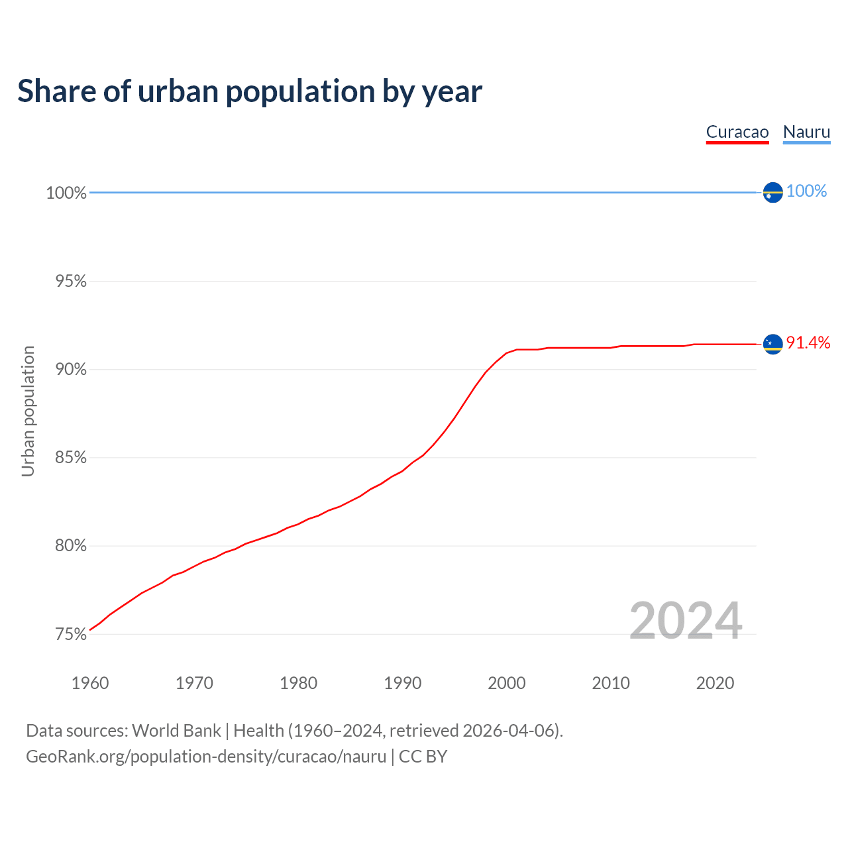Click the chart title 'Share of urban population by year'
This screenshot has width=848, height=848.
pyautogui.click(x=250, y=91)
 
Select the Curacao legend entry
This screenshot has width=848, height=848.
pyautogui.click(x=737, y=132)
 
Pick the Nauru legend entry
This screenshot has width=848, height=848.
pyautogui.click(x=806, y=132)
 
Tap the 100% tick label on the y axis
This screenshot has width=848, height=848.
pyautogui.click(x=66, y=193)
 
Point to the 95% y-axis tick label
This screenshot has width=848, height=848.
pyautogui.click(x=71, y=282)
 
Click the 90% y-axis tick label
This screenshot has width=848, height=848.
pyautogui.click(x=71, y=370)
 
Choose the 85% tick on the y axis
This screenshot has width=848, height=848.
pyautogui.click(x=71, y=458)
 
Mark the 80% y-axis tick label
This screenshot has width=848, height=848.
pyautogui.click(x=71, y=546)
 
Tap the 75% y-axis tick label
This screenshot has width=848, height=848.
pyautogui.click(x=71, y=635)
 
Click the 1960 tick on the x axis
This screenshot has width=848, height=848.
pyautogui.click(x=90, y=683)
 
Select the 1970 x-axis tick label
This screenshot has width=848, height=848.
pyautogui.click(x=194, y=683)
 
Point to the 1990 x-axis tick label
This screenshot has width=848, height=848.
pyautogui.click(x=403, y=683)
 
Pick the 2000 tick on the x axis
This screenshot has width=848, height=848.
pyautogui.click(x=507, y=683)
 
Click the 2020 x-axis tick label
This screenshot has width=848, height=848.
pyautogui.click(x=715, y=683)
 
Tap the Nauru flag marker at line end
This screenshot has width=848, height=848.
pyautogui.click(x=772, y=192)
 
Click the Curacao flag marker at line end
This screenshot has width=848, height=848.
pyautogui.click(x=772, y=344)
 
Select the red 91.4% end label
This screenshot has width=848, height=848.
pyautogui.click(x=808, y=343)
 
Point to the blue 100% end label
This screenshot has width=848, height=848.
pyautogui.click(x=806, y=191)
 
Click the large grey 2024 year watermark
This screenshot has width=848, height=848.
pyautogui.click(x=686, y=621)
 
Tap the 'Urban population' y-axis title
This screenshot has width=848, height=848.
pyautogui.click(x=28, y=411)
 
